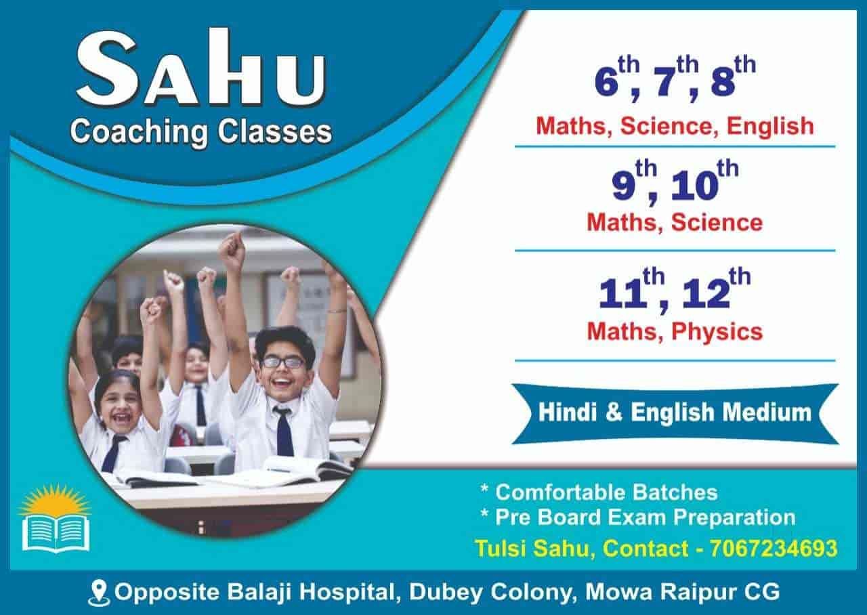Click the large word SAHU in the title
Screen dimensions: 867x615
pos(200,68)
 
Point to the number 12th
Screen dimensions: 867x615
pos(716,291)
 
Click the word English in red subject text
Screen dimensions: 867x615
pos(770,127)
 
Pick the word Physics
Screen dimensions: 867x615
pos(717,333)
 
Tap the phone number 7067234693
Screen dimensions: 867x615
pos(774,548)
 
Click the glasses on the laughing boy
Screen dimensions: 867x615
pos(284,362)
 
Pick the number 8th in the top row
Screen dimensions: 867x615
pos(733,77)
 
